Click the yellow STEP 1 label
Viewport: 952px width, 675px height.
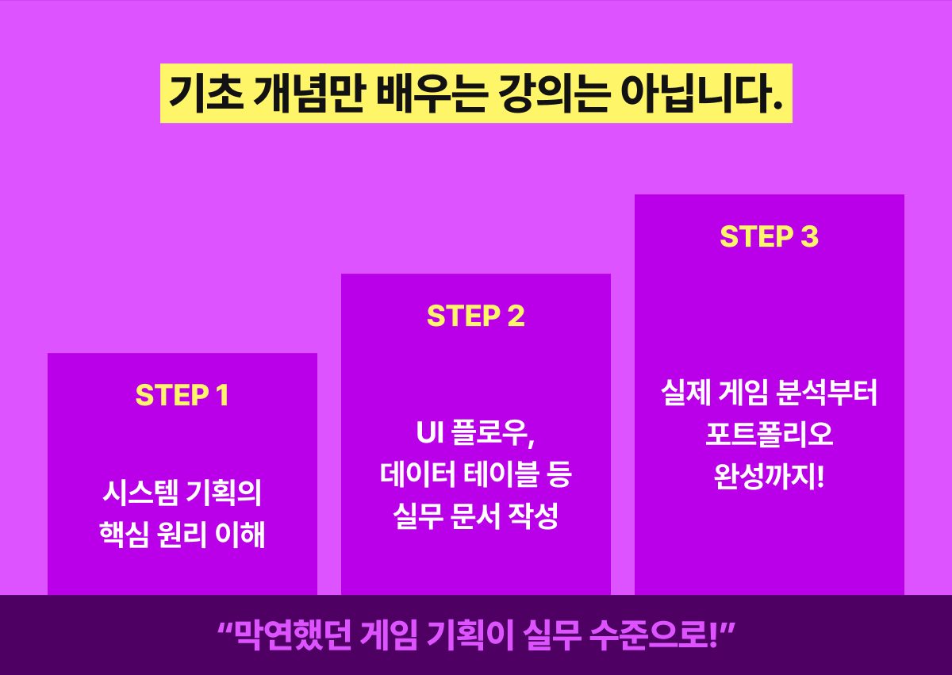tap(182, 395)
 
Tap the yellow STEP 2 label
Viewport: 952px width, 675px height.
tap(475, 316)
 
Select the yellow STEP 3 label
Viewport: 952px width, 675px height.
tap(770, 236)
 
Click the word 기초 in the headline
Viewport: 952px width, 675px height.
tap(206, 94)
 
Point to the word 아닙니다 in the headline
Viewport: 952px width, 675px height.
tap(701, 94)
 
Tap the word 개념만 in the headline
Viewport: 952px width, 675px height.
tap(309, 94)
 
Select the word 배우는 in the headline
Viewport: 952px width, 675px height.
tap(431, 94)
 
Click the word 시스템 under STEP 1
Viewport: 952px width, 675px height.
tap(140, 493)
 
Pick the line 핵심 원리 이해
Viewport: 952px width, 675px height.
tap(182, 534)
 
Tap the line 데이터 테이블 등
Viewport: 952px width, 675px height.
tap(475, 474)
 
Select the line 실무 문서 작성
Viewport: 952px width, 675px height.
tap(475, 516)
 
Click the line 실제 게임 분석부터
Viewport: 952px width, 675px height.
tap(770, 393)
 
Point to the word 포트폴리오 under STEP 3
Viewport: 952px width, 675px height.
tap(770, 434)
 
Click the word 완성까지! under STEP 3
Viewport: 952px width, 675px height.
tap(770, 476)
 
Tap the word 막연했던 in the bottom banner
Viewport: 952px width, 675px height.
tap(294, 635)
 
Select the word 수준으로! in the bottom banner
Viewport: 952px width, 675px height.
tap(654, 635)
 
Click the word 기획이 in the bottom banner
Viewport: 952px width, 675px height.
tap(470, 635)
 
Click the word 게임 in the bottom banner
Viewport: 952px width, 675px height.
tap(389, 635)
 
